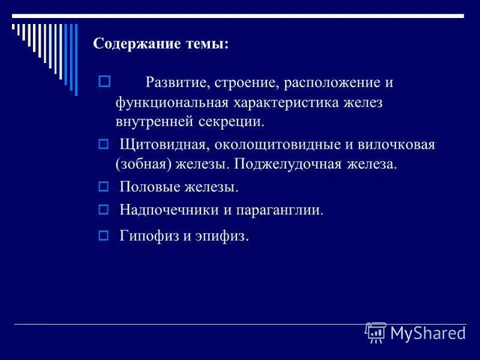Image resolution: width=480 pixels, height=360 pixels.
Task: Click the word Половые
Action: click(147, 187)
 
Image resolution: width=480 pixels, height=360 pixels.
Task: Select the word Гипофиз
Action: click(148, 236)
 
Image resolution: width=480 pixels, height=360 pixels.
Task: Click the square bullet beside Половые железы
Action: click(103, 186)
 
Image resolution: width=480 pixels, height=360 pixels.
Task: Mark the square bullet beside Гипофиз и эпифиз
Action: click(103, 235)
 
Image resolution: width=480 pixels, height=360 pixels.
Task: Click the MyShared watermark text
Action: click(428, 333)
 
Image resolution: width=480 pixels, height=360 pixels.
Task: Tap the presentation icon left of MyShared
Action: click(376, 332)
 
